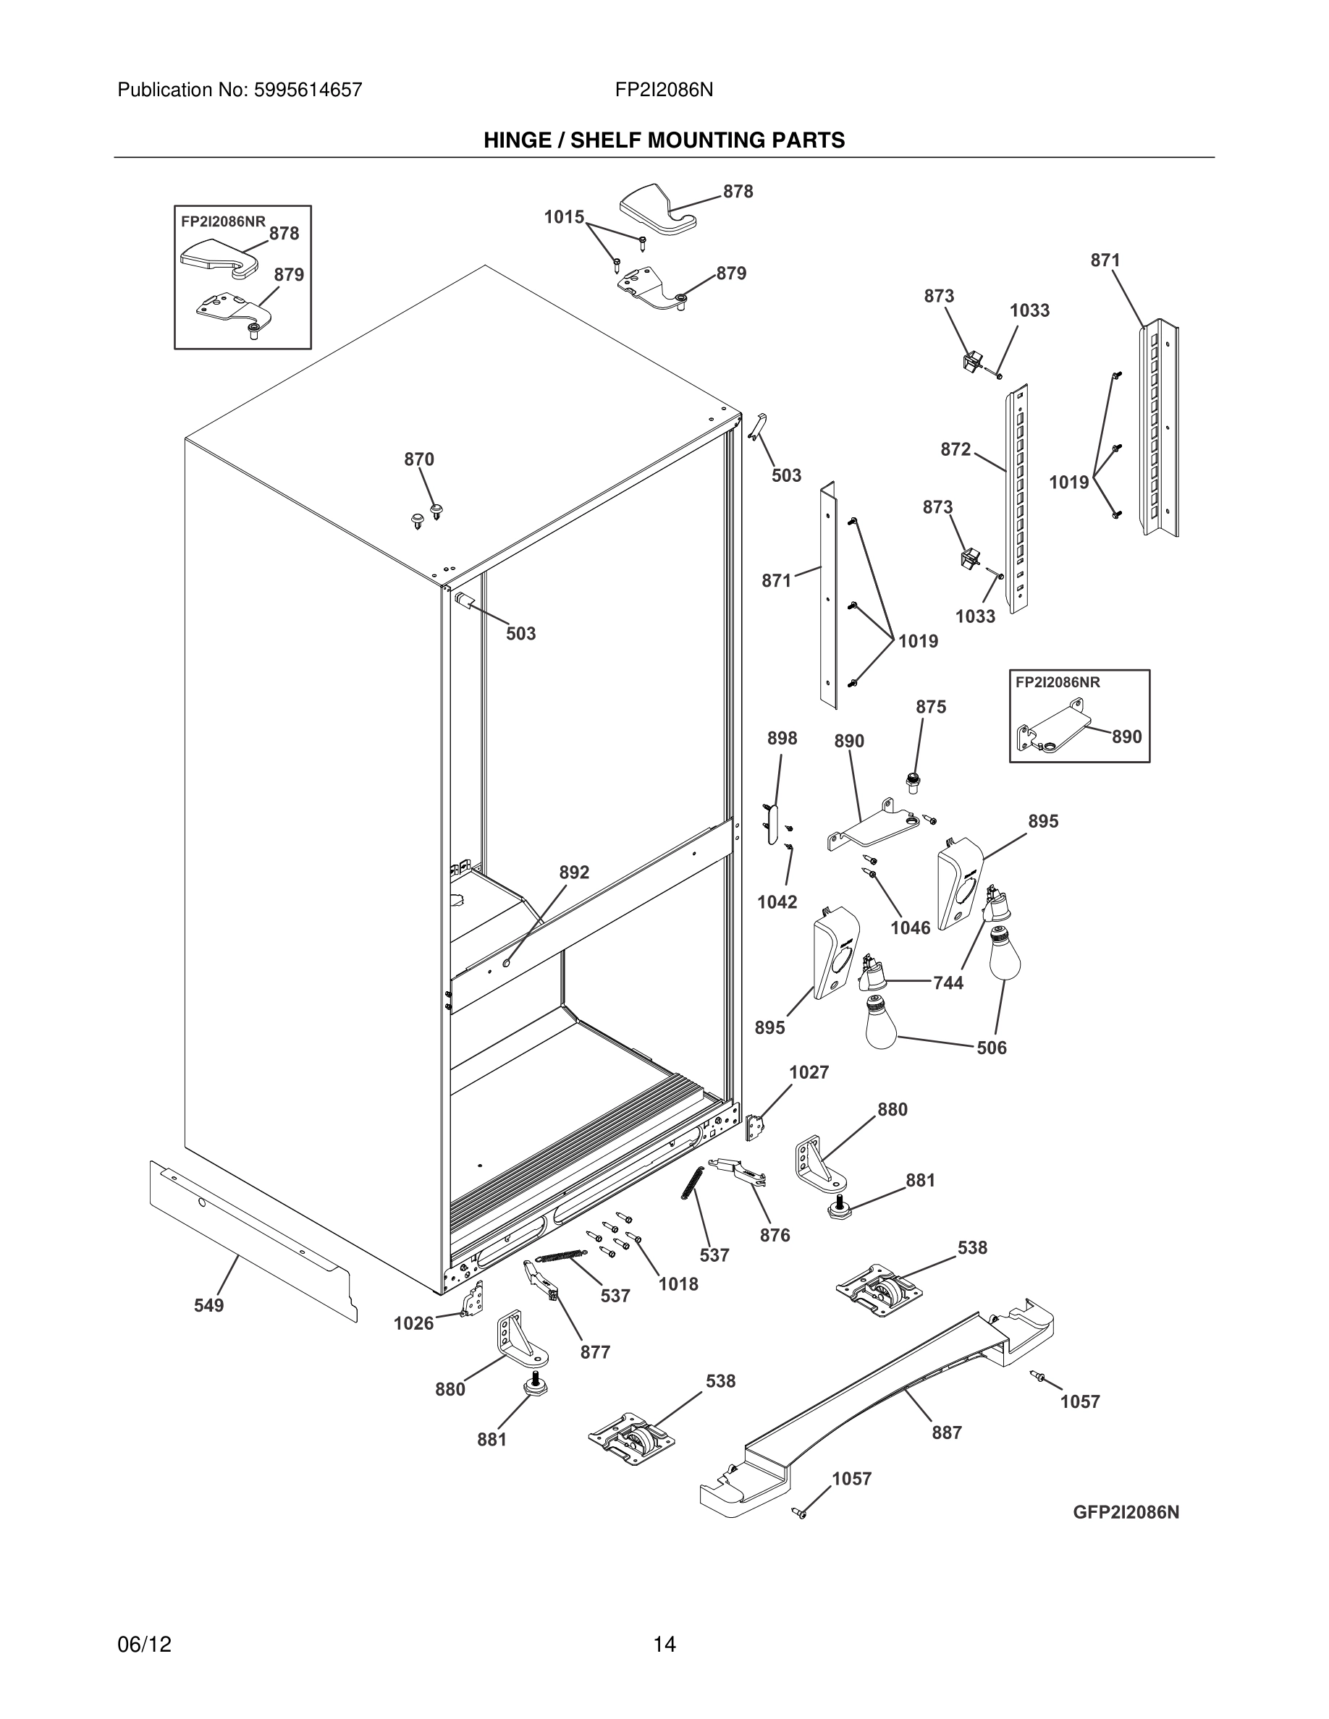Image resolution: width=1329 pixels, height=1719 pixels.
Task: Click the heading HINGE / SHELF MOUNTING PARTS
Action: point(664,140)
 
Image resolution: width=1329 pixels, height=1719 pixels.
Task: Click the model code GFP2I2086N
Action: point(1125,1512)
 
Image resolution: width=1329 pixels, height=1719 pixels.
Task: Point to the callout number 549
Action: point(208,1306)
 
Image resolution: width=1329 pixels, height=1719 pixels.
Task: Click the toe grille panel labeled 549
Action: point(252,1236)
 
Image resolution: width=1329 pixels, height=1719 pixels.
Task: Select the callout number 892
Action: point(574,872)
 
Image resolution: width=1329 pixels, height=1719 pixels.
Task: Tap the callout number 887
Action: point(946,1432)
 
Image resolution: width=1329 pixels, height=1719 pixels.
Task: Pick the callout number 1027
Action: point(809,1072)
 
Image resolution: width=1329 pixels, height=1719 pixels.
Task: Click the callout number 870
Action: point(419,459)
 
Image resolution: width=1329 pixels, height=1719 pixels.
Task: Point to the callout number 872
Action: point(955,449)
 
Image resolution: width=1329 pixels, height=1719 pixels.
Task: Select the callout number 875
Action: point(931,707)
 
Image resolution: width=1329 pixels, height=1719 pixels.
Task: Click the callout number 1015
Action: point(564,216)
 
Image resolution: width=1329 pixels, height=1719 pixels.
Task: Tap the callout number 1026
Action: point(414,1323)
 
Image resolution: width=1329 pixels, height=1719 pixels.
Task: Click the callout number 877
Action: point(595,1351)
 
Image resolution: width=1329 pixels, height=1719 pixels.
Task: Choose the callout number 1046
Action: point(910,928)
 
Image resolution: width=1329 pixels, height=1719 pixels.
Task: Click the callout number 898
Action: point(782,738)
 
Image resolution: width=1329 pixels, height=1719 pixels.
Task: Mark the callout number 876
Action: point(775,1235)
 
